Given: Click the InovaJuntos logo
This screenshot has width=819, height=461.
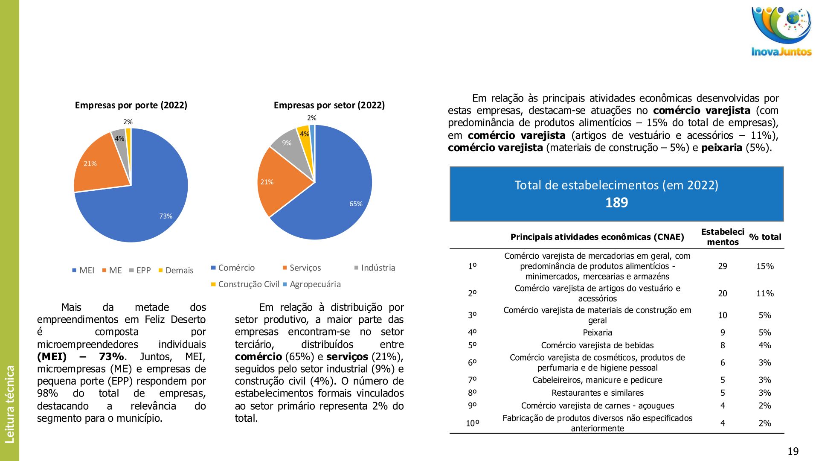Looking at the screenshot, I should pyautogui.click(x=781, y=31).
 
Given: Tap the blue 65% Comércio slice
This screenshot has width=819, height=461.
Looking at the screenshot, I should pyautogui.click(x=337, y=192).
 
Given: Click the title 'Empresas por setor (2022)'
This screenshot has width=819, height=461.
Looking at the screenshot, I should pyautogui.click(x=329, y=105).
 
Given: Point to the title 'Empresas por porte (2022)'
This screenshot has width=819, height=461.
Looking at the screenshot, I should pyautogui.click(x=131, y=105).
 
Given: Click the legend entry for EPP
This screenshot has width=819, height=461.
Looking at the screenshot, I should pyautogui.click(x=143, y=271).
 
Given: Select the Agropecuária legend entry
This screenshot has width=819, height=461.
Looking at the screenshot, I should pyautogui.click(x=315, y=284).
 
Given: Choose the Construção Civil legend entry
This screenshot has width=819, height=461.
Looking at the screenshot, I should pyautogui.click(x=248, y=284).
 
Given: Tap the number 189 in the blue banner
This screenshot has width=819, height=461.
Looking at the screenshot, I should pyautogui.click(x=616, y=202).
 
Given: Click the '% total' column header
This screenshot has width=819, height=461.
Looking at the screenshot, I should pyautogui.click(x=765, y=237).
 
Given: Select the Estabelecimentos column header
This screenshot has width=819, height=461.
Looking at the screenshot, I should pyautogui.click(x=722, y=237).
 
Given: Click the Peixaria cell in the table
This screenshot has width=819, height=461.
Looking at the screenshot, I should pyautogui.click(x=597, y=333).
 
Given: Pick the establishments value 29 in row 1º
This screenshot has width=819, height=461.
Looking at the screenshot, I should pyautogui.click(x=722, y=266).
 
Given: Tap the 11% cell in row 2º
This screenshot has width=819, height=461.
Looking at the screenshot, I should pyautogui.click(x=765, y=294).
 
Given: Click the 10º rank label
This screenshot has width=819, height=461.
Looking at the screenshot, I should pyautogui.click(x=472, y=423).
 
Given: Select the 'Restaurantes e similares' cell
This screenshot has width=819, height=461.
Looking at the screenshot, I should pyautogui.click(x=597, y=393).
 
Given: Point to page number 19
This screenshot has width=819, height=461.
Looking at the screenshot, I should pyautogui.click(x=793, y=452).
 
